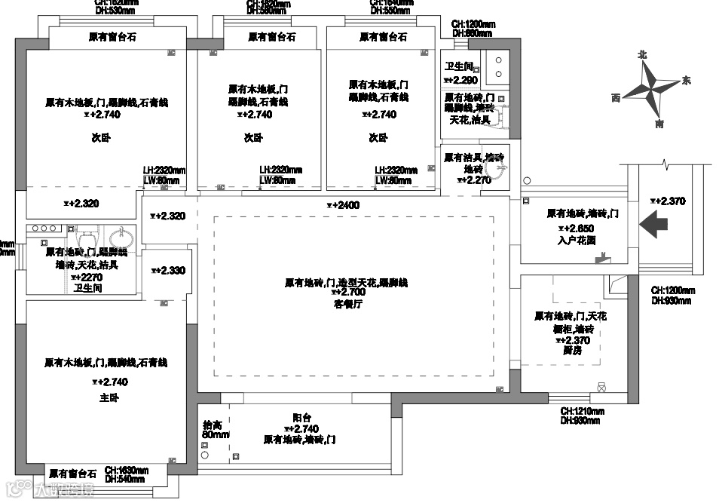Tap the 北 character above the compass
(642, 54)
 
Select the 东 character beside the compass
(686, 80)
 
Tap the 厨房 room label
(571, 351)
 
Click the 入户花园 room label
(577, 240)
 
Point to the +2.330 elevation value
(168, 270)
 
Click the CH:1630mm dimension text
(126, 469)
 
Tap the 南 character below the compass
(660, 123)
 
